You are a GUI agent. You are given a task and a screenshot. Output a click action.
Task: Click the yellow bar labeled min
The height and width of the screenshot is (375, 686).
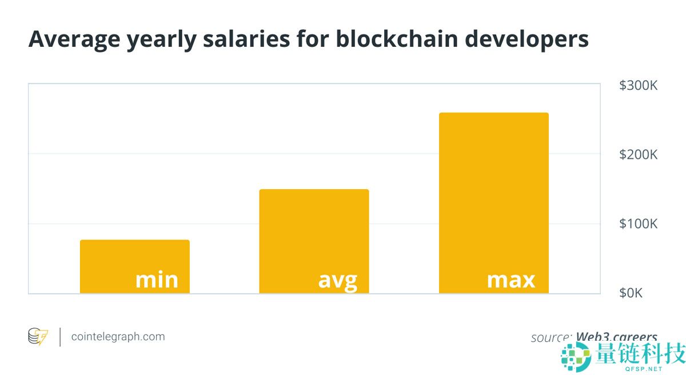pyautogui.click(x=134, y=257)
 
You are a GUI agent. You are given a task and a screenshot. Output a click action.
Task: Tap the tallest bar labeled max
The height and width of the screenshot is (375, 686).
pyautogui.click(x=493, y=189)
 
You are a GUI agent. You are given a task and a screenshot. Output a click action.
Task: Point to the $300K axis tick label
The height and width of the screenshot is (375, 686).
pyautogui.click(x=638, y=86)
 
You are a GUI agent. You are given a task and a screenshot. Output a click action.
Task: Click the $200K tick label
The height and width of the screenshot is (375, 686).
pyautogui.click(x=638, y=155)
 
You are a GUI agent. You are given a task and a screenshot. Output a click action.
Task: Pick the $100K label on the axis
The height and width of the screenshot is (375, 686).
pyautogui.click(x=638, y=224)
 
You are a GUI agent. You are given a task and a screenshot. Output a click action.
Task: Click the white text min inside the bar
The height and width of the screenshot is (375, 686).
pyautogui.click(x=157, y=280)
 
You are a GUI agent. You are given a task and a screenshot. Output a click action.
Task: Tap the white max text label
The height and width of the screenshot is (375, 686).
pyautogui.click(x=510, y=280)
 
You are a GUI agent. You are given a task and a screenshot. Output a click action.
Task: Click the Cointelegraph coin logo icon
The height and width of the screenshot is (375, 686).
pyautogui.click(x=38, y=337)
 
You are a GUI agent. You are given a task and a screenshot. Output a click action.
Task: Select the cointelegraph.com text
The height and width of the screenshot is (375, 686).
pyautogui.click(x=118, y=337)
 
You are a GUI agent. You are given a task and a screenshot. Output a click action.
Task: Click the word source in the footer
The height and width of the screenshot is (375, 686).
pyautogui.click(x=550, y=337)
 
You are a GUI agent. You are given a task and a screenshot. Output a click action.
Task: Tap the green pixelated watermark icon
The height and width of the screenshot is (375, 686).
pyautogui.click(x=576, y=358)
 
